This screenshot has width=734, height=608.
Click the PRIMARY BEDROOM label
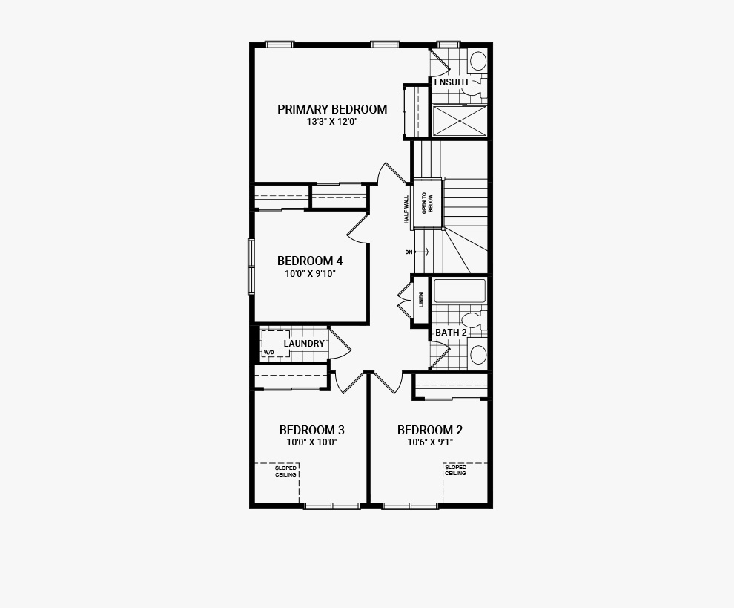[x=332, y=109]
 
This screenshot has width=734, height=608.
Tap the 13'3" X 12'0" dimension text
[x=332, y=122]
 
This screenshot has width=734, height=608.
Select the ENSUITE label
[x=452, y=82]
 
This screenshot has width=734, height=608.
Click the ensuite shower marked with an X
[x=460, y=120]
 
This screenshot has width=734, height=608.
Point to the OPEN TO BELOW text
[x=427, y=203]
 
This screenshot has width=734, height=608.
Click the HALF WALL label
[x=406, y=209]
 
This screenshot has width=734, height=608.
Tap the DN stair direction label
[x=409, y=252]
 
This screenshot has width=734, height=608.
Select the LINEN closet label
[x=421, y=300]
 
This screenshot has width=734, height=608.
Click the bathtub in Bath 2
[x=460, y=291]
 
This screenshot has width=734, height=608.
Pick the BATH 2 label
[x=451, y=333]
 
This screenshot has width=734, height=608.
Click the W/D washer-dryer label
[x=268, y=352]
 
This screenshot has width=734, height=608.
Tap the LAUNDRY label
[x=304, y=344]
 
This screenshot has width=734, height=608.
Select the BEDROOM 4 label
[x=310, y=261]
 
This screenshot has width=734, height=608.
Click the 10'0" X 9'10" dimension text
[x=311, y=274]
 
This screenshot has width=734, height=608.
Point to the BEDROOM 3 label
[x=311, y=430]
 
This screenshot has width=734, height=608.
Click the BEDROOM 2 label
[x=430, y=430]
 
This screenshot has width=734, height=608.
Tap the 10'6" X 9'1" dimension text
[x=430, y=442]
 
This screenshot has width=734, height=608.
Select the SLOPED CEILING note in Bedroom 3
[x=285, y=471]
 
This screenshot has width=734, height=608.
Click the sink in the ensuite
[x=478, y=61]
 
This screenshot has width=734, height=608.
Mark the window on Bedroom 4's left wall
[x=251, y=267]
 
